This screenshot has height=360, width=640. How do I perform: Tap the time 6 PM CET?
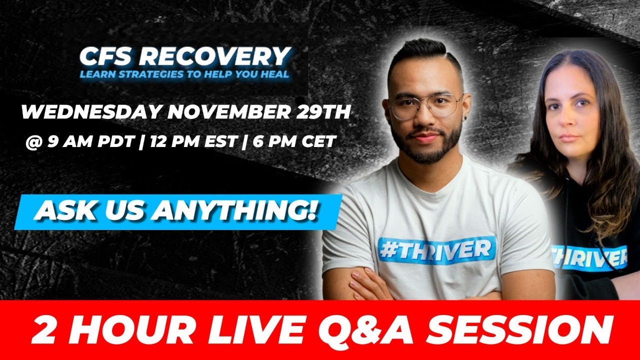pyautogui.click(x=290, y=141)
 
